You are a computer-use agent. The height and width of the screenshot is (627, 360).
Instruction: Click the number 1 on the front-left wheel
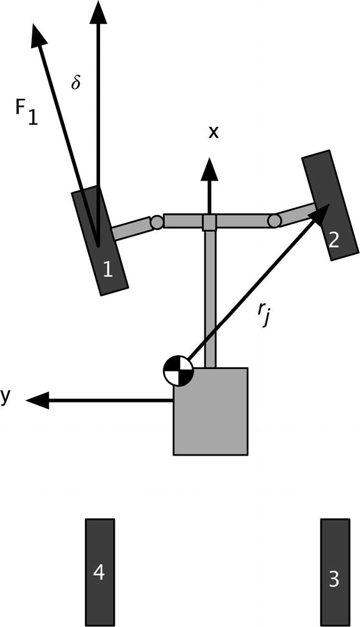pos(108,269)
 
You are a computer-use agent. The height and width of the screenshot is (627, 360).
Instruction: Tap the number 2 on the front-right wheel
pos(334,240)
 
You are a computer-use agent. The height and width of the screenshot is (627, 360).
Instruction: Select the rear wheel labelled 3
pos(335,572)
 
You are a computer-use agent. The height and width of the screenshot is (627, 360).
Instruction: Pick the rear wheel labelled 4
pos(99,572)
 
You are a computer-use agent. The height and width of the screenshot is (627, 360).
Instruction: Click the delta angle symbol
pos(76,83)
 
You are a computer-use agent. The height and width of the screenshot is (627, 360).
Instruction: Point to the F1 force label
pos(27,112)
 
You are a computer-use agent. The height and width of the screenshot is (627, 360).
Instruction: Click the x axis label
pos(213,132)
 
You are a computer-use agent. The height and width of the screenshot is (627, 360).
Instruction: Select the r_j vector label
pos(263,315)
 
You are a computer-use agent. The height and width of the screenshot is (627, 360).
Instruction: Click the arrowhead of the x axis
pos(209,168)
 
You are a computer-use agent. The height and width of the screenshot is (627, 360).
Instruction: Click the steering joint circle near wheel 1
pos(157,222)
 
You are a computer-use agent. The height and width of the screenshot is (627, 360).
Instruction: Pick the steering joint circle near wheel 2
pos(275,220)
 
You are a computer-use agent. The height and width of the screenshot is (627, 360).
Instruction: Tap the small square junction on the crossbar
pos(209,222)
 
